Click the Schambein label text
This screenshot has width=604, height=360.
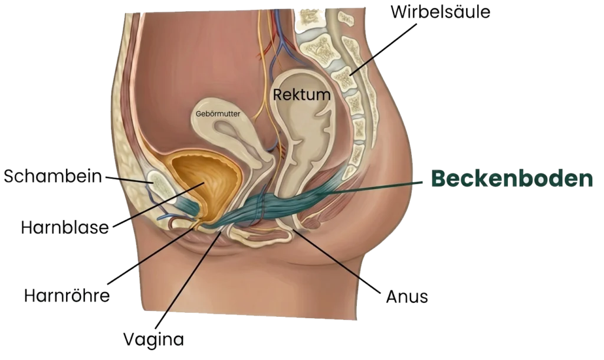53,176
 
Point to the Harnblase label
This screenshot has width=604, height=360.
65,227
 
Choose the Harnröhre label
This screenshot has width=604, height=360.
67,294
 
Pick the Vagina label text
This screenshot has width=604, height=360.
153,339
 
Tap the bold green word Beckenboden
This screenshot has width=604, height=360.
511,179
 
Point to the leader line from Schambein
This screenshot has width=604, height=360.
127,179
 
